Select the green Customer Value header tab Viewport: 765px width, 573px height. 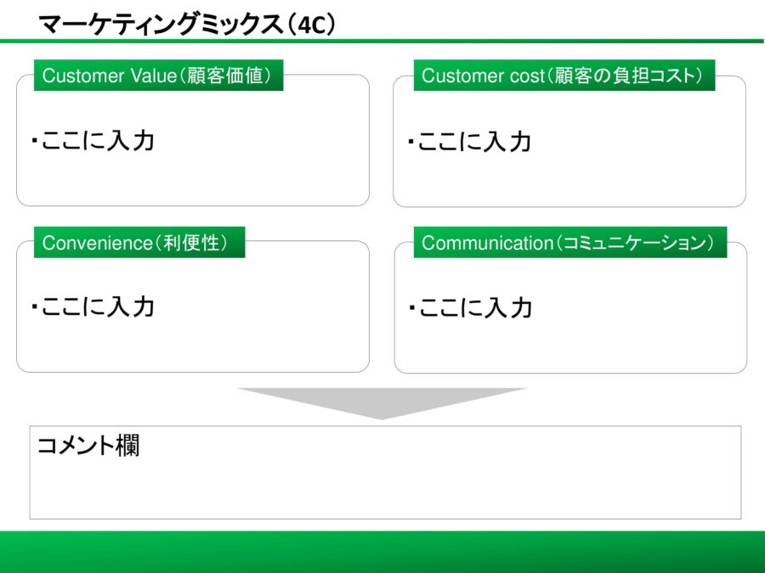coord(158,76)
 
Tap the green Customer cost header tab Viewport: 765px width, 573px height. coord(562,76)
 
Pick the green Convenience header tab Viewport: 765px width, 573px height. coord(139,243)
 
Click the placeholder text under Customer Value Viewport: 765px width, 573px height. coord(93,140)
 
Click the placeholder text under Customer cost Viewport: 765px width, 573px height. coord(469,141)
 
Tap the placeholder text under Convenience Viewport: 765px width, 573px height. coord(93,306)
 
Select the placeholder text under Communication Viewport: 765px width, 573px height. coord(470,307)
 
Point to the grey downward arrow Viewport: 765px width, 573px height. coord(382,402)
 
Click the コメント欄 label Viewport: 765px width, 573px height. coord(88,445)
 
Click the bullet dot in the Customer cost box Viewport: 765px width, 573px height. coord(411,141)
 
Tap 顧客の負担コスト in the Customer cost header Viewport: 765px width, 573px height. coord(627,76)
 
